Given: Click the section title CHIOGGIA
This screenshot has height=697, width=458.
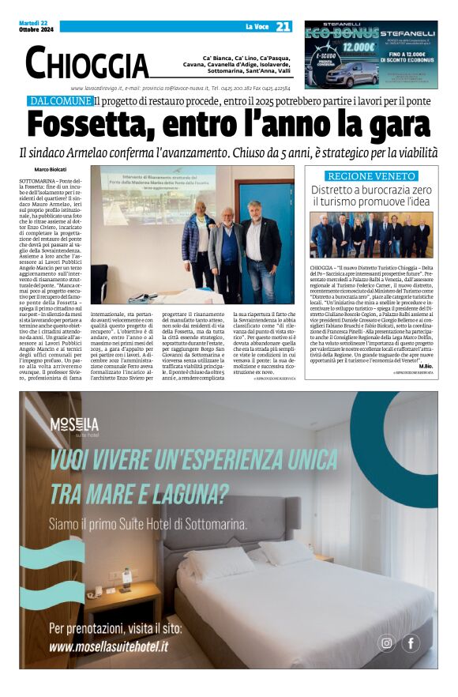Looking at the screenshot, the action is click(x=87, y=62).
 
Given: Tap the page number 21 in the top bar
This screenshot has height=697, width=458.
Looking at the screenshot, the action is click(x=283, y=26).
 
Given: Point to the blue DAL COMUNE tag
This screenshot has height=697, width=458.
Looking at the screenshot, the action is click(x=59, y=101).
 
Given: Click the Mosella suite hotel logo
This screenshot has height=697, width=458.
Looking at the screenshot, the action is click(x=74, y=426).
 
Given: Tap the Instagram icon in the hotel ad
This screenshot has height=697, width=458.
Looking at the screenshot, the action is click(x=386, y=642).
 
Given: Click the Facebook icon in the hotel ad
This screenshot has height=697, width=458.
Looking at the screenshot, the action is click(x=411, y=642).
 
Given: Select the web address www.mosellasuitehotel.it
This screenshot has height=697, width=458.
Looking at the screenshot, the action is click(x=108, y=646).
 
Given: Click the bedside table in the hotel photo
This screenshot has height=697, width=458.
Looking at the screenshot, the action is click(x=123, y=597).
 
